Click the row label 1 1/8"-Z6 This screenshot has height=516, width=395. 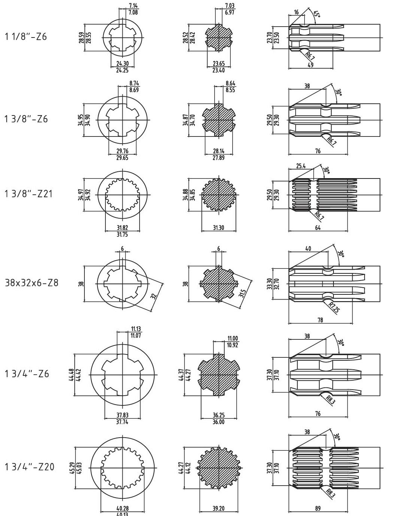click(x=26, y=37)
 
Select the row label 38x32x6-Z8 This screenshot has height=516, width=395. click(x=32, y=283)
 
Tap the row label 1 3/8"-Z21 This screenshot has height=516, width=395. click(x=29, y=194)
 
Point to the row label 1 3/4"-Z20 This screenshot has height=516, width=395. click(x=29, y=467)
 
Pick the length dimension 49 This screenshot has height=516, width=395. click(x=310, y=64)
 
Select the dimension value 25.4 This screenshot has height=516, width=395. click(x=301, y=166)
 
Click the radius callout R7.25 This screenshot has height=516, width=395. click(x=333, y=307)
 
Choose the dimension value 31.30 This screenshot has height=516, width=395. click(x=218, y=228)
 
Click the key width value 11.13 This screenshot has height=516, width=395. click(x=135, y=329)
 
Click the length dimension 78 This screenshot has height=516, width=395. click(x=320, y=320)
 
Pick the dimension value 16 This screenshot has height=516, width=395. click(x=296, y=12)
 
